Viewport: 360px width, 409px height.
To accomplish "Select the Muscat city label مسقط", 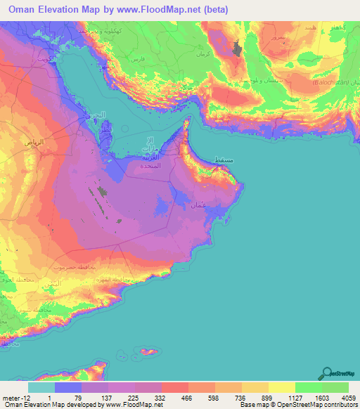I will pyautogui.click(x=223, y=161).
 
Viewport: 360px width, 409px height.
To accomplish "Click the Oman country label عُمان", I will pyautogui.click(x=198, y=206).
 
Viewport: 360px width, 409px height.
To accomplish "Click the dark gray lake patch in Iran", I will pyautogui.click(x=237, y=48).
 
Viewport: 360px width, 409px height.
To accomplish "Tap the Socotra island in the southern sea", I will pyautogui.click(x=148, y=349).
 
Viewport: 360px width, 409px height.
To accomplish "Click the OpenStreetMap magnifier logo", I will pyautogui.click(x=327, y=373).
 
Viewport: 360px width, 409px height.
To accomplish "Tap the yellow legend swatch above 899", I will pyautogui.click(x=255, y=387).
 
